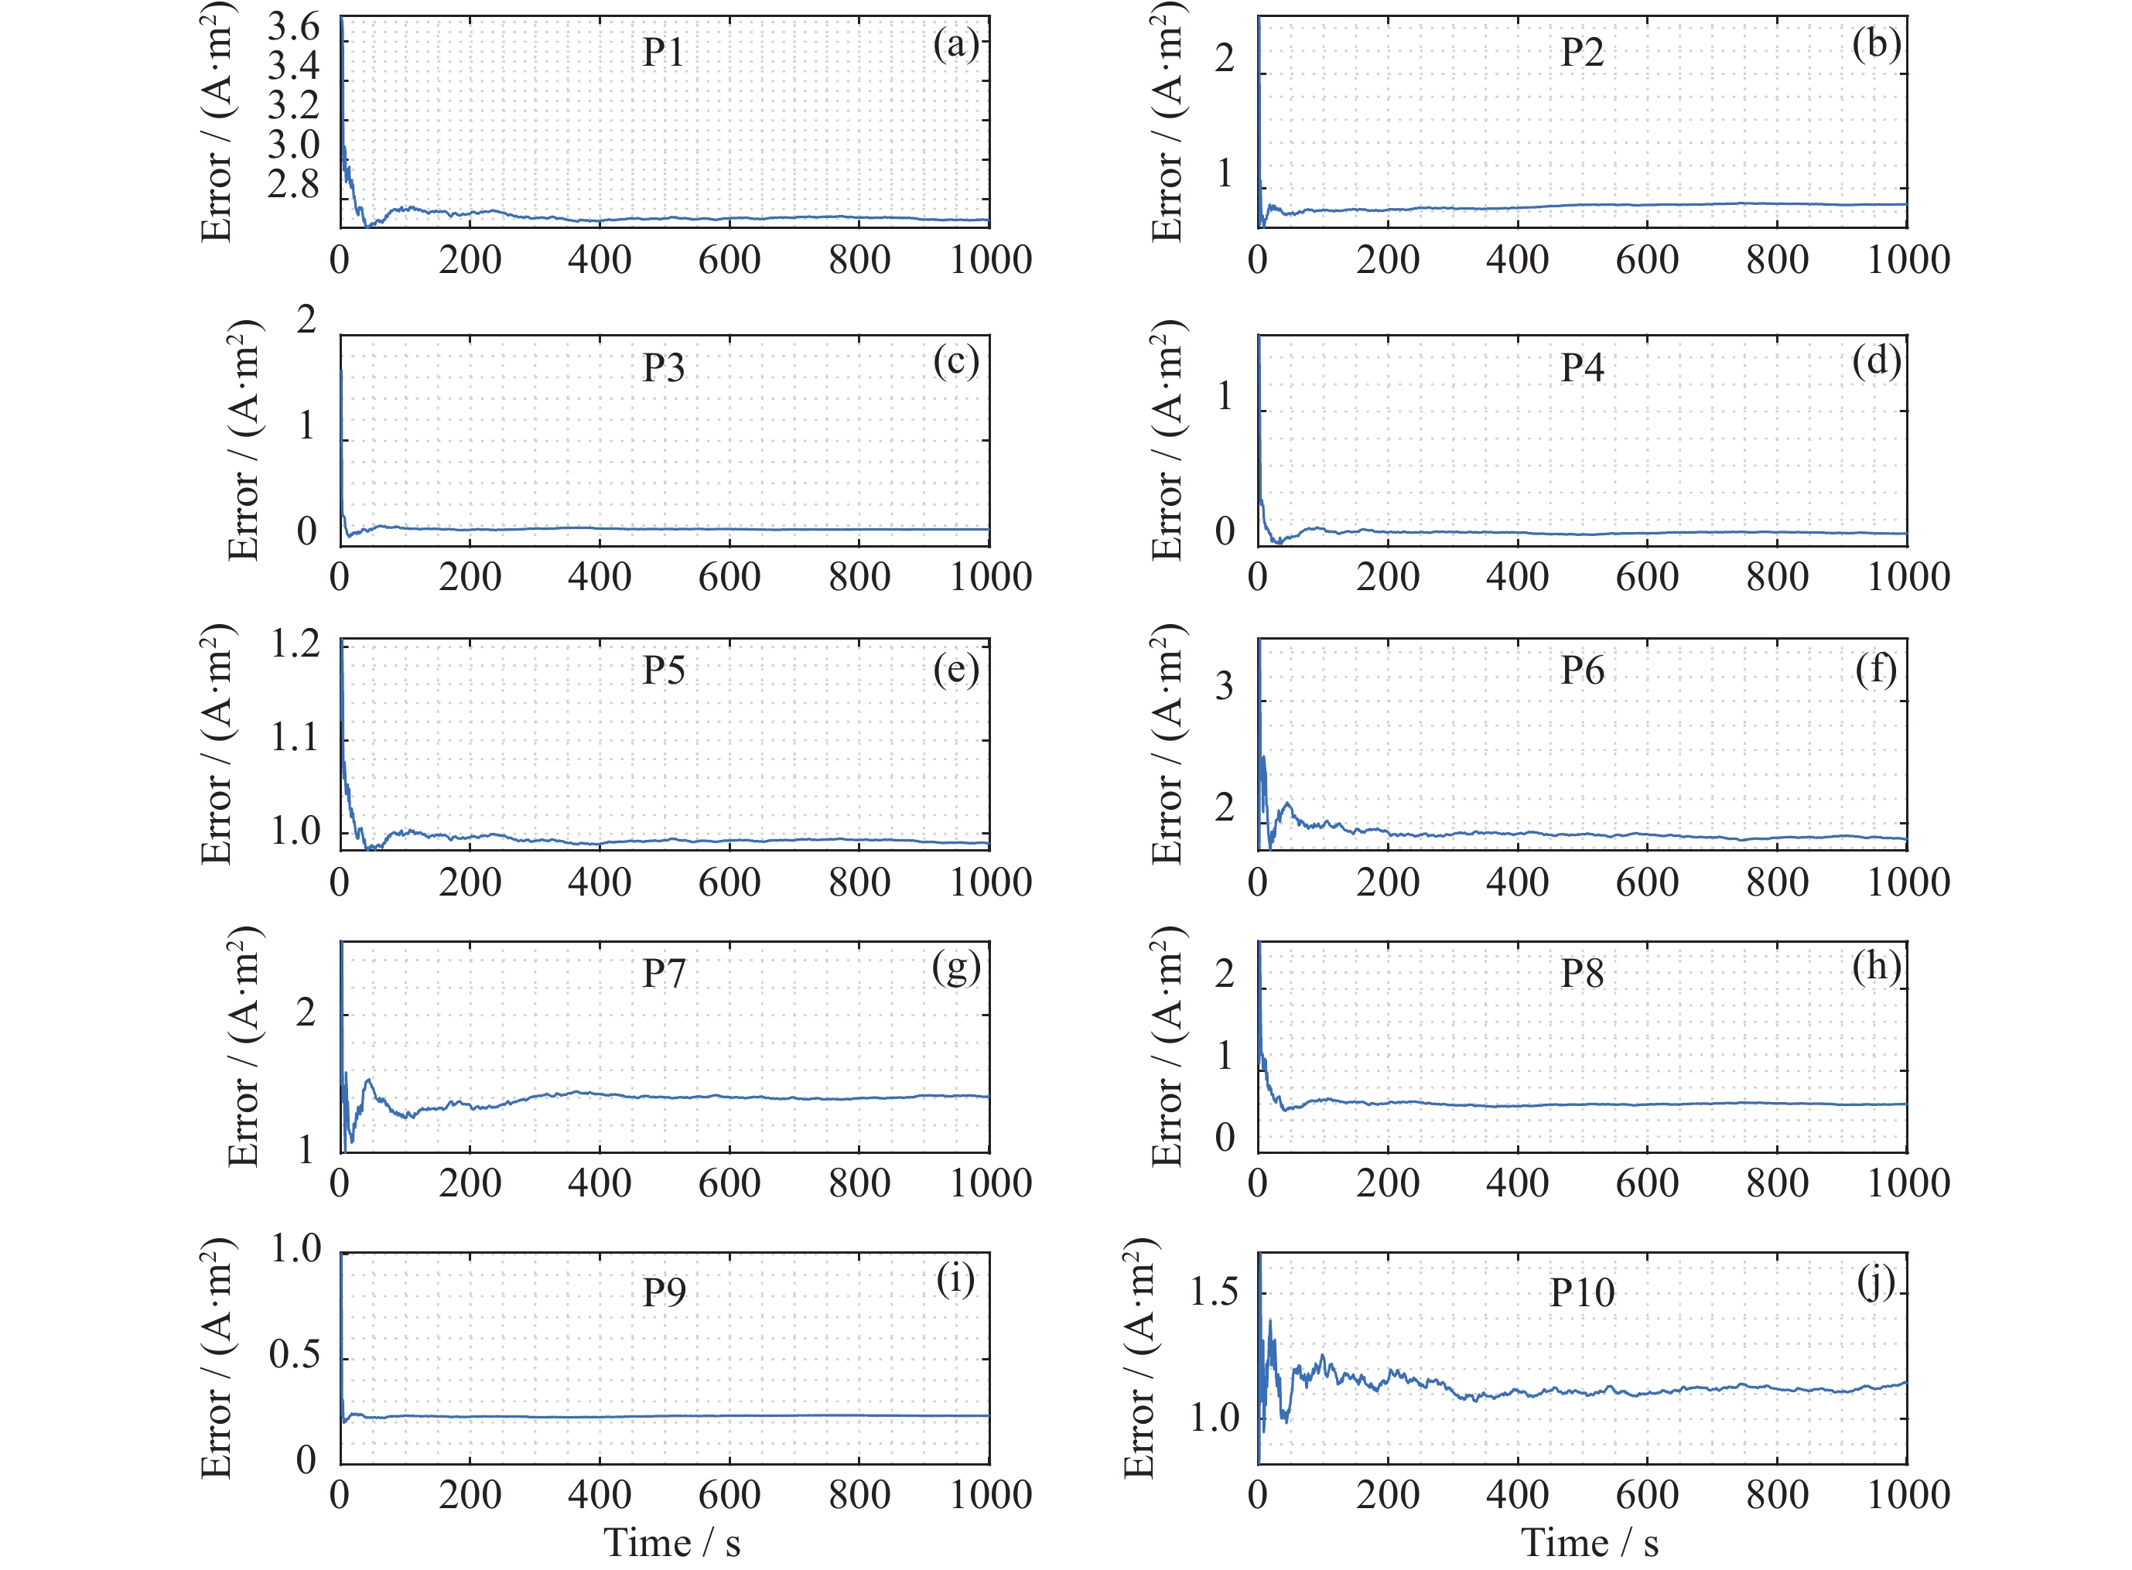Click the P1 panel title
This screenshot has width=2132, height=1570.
[662, 53]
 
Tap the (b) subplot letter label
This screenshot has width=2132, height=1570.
[1875, 44]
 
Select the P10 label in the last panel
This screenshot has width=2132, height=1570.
[1582, 1292]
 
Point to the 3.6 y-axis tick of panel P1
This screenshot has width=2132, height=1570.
[294, 26]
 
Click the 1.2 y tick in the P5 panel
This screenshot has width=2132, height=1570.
[296, 644]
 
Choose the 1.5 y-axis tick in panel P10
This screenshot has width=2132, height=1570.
[1214, 1292]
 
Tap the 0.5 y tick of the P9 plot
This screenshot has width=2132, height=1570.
[295, 1354]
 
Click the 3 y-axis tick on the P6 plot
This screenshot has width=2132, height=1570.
[1225, 686]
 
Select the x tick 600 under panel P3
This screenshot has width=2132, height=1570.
[729, 577]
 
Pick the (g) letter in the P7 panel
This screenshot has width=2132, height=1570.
[955, 968]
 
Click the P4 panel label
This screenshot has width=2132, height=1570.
[1582, 368]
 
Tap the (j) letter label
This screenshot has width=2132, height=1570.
[1875, 1282]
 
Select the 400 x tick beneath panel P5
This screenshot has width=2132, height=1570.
[600, 883]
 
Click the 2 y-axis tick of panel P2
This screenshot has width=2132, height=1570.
[1225, 59]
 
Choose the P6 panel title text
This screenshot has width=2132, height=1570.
[1582, 671]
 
